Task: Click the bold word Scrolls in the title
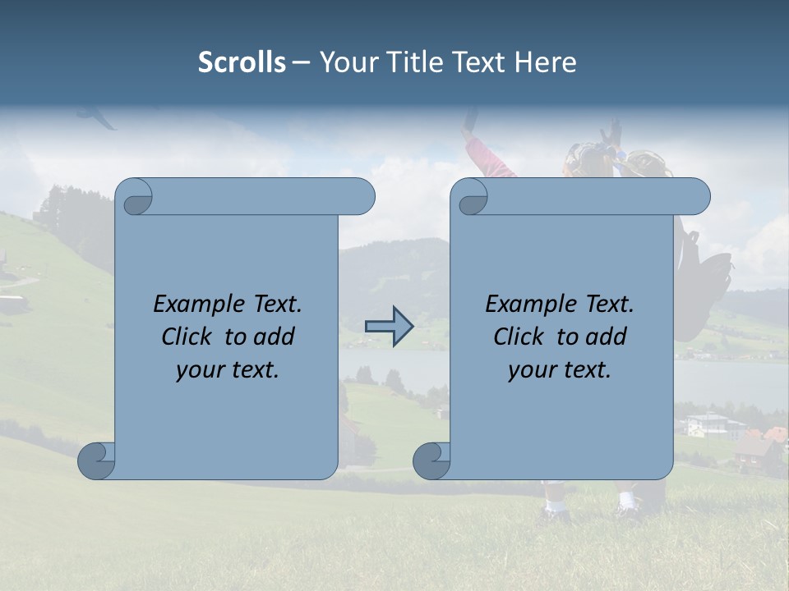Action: (242, 62)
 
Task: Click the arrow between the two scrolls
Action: (389, 327)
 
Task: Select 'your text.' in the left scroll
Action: (228, 370)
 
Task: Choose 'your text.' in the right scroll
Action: (560, 370)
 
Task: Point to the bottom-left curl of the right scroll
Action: (432, 460)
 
